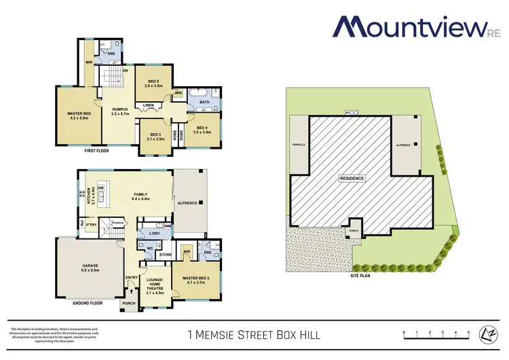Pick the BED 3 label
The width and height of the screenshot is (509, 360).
(x=155, y=136)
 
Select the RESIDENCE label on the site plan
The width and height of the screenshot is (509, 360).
(x=352, y=178)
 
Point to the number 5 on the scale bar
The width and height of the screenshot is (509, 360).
(x=469, y=332)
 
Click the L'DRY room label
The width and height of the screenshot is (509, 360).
(x=154, y=235)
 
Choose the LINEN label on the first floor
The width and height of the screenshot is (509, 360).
(x=147, y=105)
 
